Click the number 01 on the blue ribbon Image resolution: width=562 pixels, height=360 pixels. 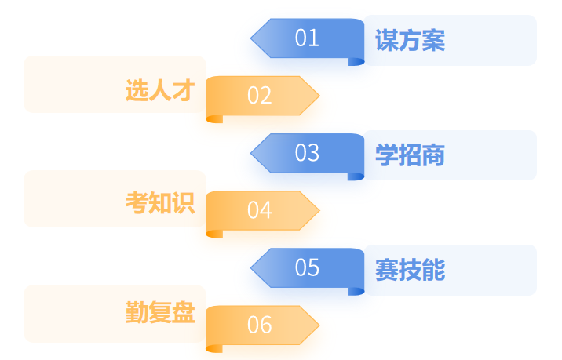(x=307, y=38)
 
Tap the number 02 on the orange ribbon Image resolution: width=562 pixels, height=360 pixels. (x=259, y=96)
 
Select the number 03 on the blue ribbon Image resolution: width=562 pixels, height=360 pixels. (x=307, y=153)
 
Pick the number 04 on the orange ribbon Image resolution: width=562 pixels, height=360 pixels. (x=259, y=210)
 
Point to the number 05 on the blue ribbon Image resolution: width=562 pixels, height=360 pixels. (x=307, y=267)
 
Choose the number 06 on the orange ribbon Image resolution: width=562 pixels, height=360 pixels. (x=259, y=325)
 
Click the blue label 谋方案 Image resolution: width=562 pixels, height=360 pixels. (x=410, y=41)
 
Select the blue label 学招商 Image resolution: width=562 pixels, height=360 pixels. (x=410, y=155)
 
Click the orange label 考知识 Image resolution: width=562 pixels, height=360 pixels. (x=159, y=203)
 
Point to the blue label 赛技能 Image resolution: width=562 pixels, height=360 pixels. (x=410, y=271)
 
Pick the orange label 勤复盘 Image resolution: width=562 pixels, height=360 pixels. (x=159, y=313)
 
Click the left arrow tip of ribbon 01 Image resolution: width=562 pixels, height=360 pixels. (x=254, y=38)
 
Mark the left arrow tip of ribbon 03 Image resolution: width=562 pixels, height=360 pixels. (x=254, y=152)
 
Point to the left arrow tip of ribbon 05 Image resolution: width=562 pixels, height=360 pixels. (x=254, y=267)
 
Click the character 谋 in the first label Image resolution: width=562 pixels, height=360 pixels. (x=386, y=41)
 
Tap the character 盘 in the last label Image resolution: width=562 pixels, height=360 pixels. (x=183, y=313)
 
